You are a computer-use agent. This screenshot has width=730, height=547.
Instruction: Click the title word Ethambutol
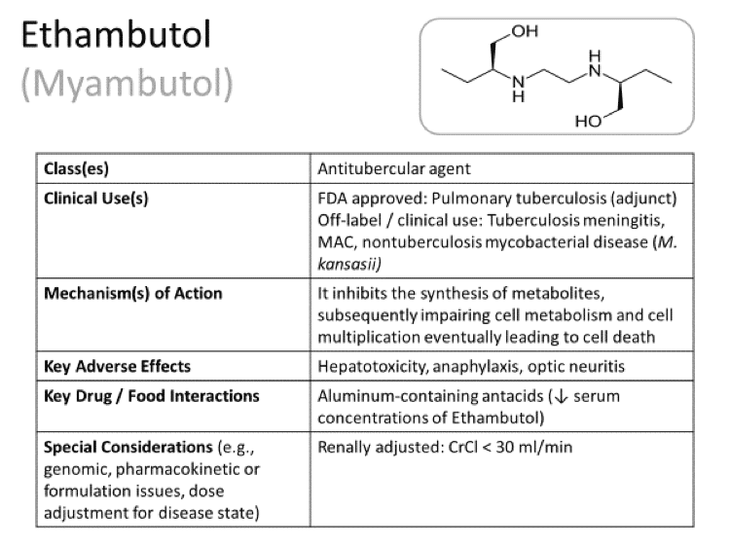click(116, 35)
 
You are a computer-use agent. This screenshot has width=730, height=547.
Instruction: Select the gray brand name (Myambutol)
click(127, 84)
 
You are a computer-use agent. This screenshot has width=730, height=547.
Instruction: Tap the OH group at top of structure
click(525, 31)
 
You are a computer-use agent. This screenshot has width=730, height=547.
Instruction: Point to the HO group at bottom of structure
click(589, 122)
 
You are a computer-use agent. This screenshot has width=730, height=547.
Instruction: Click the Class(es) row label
click(76, 168)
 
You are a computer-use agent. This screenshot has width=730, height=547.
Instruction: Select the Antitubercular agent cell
click(394, 168)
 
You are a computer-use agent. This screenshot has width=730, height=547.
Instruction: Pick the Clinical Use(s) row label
click(96, 199)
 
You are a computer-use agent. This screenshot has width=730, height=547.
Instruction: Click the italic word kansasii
click(349, 264)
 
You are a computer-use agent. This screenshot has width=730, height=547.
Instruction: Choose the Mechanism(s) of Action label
click(133, 293)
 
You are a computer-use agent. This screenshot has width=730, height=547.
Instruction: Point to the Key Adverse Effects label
click(118, 366)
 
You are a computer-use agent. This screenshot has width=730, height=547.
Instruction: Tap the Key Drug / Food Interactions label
click(151, 396)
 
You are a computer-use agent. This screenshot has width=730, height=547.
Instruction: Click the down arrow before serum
click(561, 396)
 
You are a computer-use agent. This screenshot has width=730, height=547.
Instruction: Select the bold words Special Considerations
click(128, 447)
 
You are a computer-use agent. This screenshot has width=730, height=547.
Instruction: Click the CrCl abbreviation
click(462, 447)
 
